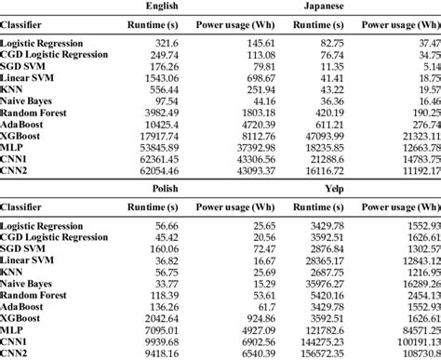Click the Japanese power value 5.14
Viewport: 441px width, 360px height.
(427, 69)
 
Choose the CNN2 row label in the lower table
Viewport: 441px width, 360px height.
(17, 354)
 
